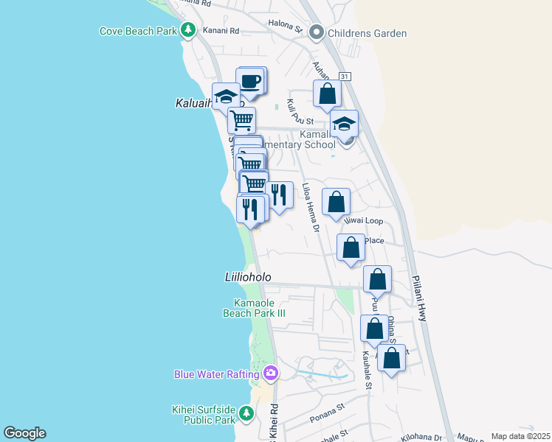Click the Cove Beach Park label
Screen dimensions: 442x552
pyautogui.click(x=137, y=31)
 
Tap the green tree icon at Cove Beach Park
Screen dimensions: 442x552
pyautogui.click(x=189, y=30)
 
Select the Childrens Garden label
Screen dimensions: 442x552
pyautogui.click(x=368, y=33)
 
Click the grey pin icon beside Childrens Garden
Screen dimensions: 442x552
pyautogui.click(x=317, y=32)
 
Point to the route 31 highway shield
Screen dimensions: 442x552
pyautogui.click(x=344, y=77)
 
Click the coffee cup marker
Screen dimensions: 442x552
pyautogui.click(x=250, y=80)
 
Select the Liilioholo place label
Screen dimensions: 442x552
pyautogui.click(x=248, y=277)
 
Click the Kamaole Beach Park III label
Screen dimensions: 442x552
pyautogui.click(x=255, y=308)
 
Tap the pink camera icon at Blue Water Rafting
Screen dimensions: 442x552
pyautogui.click(x=271, y=373)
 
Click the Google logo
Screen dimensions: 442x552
pyautogui.click(x=24, y=433)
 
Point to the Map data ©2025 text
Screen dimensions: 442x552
pyautogui.click(x=520, y=436)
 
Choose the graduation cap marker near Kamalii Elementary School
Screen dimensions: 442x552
pyautogui.click(x=344, y=124)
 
